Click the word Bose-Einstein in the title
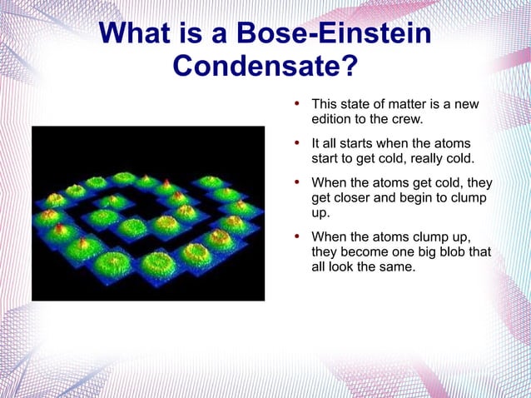334,34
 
